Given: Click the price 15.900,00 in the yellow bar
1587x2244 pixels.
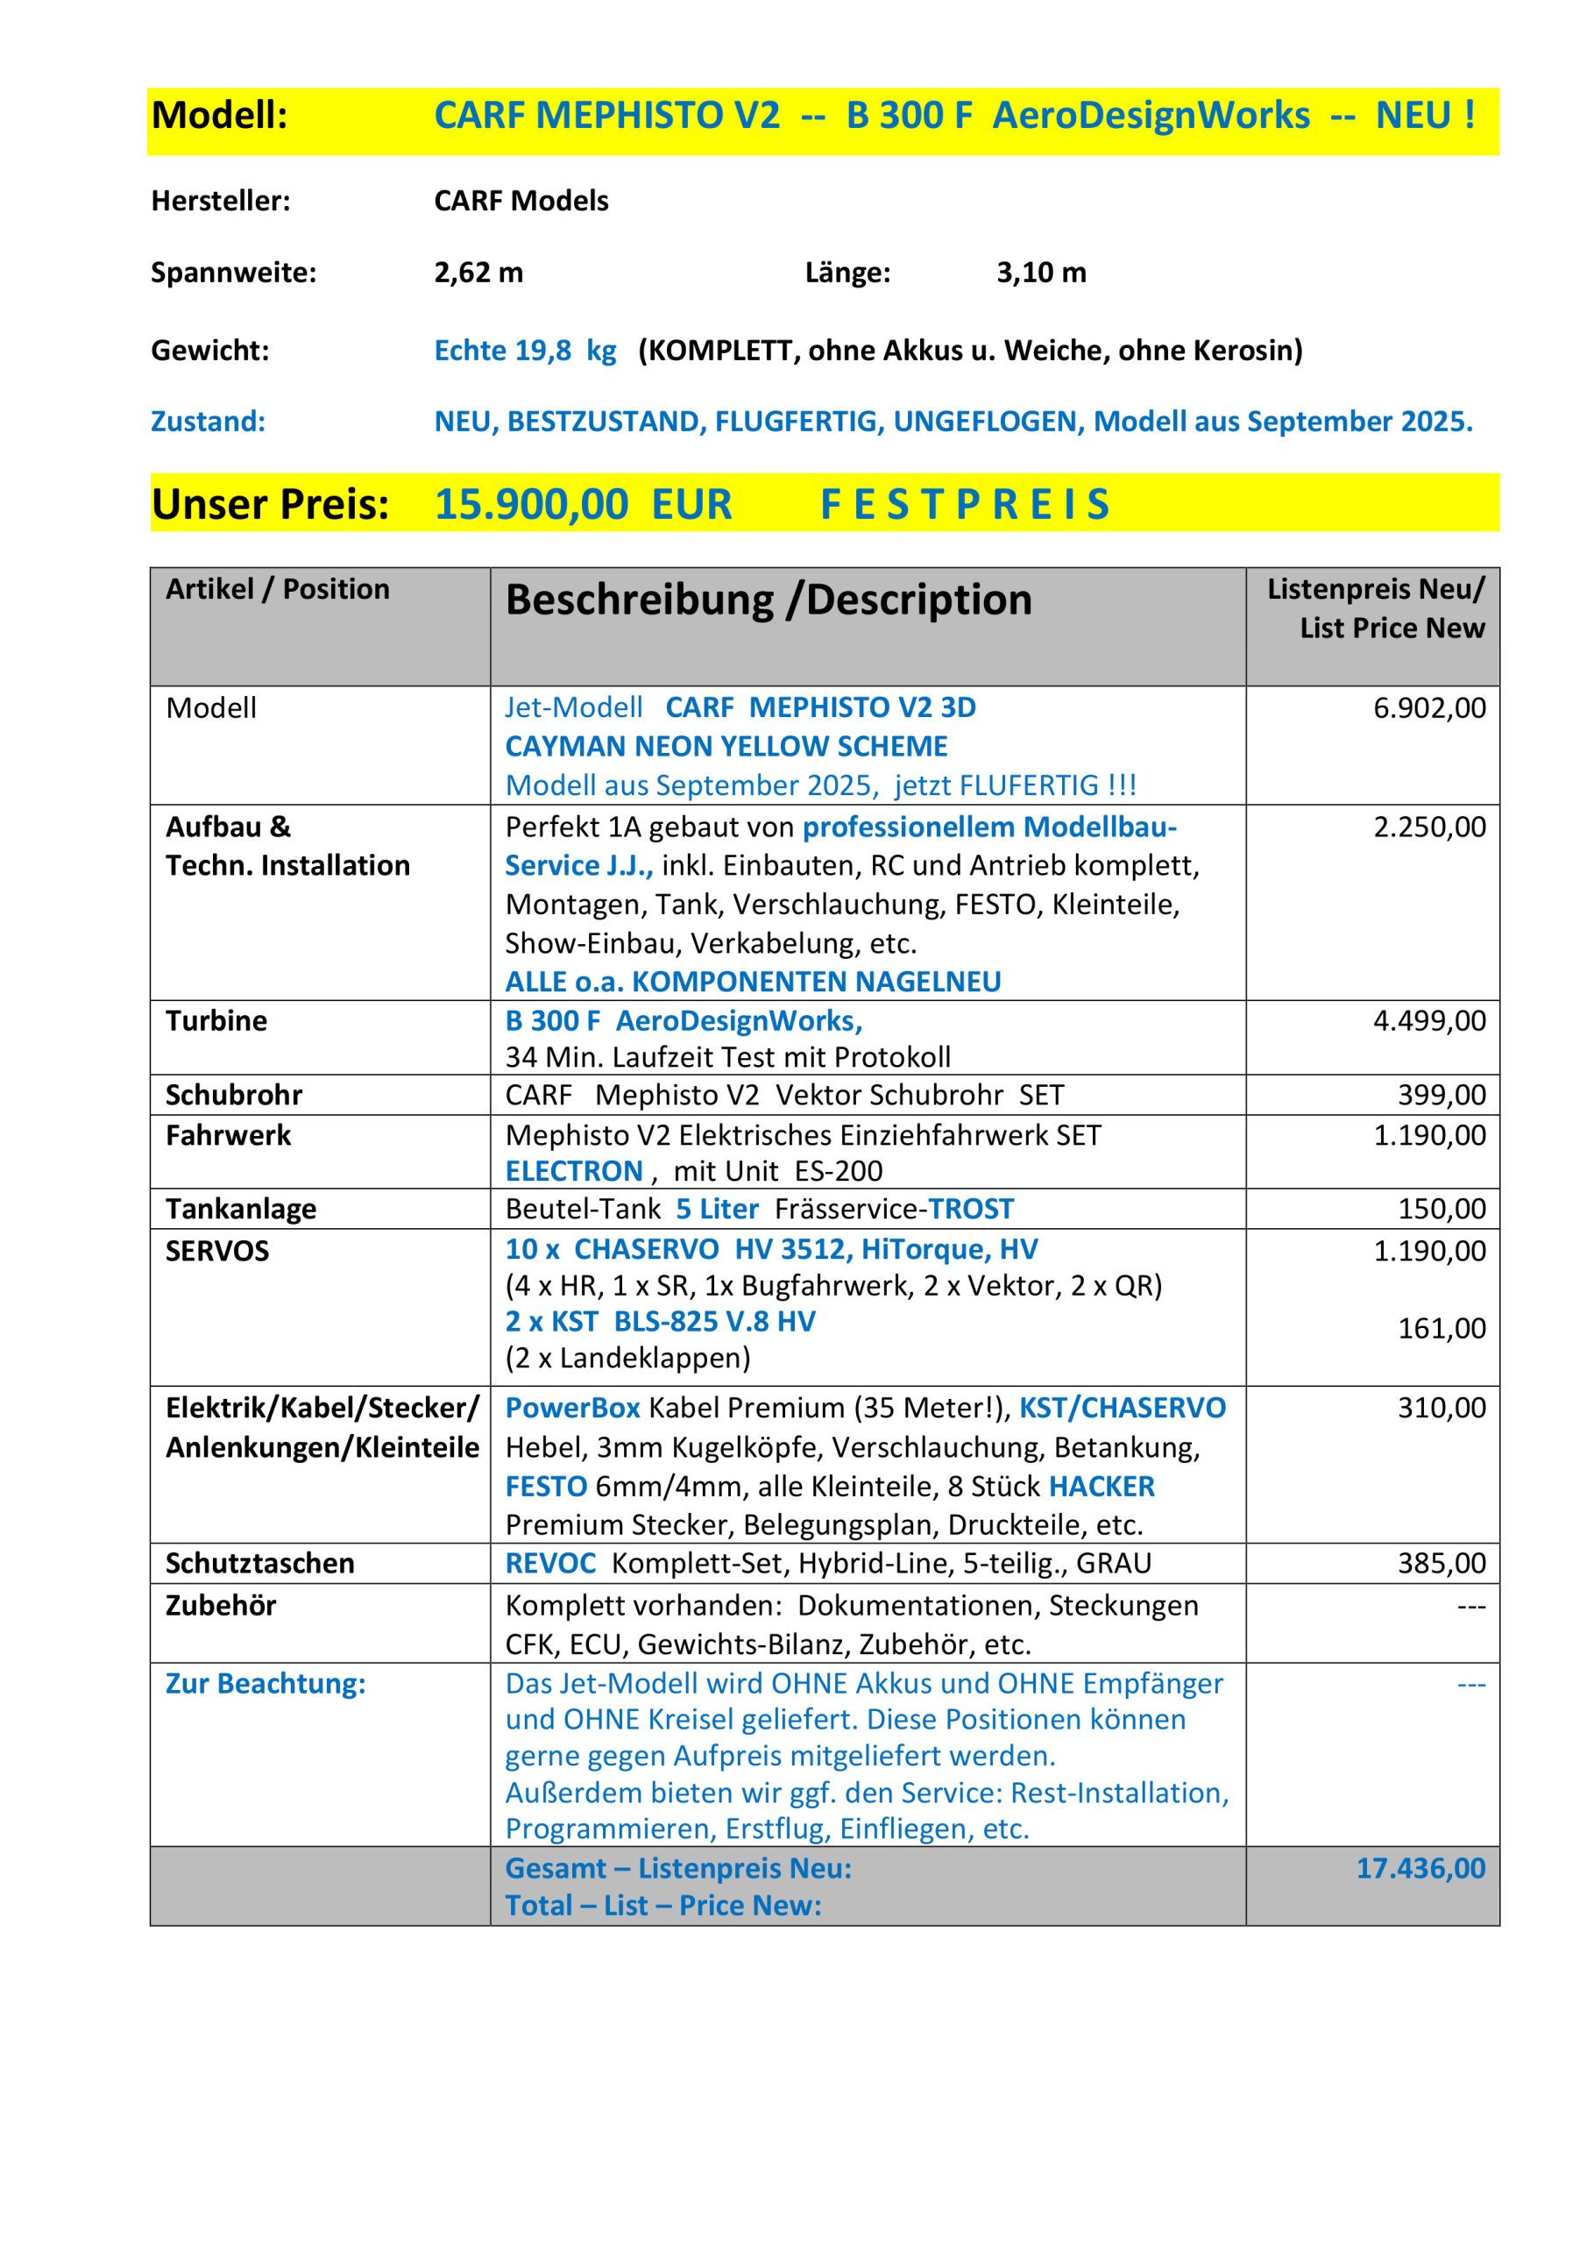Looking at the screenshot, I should (531, 504).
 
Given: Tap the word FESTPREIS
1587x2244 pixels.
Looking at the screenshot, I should (965, 504).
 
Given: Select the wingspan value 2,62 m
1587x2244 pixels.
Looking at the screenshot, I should (478, 273).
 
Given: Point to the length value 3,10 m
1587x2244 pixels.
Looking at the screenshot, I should (1041, 273).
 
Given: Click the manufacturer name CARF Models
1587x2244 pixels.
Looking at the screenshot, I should (521, 202).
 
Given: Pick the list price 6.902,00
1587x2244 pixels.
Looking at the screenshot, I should (1428, 707).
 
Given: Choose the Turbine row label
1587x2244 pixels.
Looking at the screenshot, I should (216, 1020).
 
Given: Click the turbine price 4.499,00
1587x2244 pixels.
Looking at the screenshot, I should (1428, 1020).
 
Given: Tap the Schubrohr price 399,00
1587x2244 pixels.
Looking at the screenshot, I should (1442, 1095).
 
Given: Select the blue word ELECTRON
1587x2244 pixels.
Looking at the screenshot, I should (574, 1171).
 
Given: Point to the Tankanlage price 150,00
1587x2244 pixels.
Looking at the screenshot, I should (1442, 1209).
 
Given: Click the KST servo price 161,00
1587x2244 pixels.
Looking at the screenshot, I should (1442, 1328).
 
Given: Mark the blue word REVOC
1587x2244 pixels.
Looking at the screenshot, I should (550, 1563).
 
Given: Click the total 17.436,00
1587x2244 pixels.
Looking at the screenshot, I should (1420, 1868).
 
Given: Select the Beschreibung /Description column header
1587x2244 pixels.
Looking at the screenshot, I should (769, 600).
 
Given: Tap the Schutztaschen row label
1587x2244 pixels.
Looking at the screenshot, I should (260, 1563).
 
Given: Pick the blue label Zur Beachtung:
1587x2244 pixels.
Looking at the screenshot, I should (266, 1683).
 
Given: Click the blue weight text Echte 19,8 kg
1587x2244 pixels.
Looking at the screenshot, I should (525, 351).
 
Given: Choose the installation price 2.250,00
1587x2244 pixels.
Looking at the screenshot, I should (1428, 827).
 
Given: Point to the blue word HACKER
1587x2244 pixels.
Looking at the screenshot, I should (1102, 1486).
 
